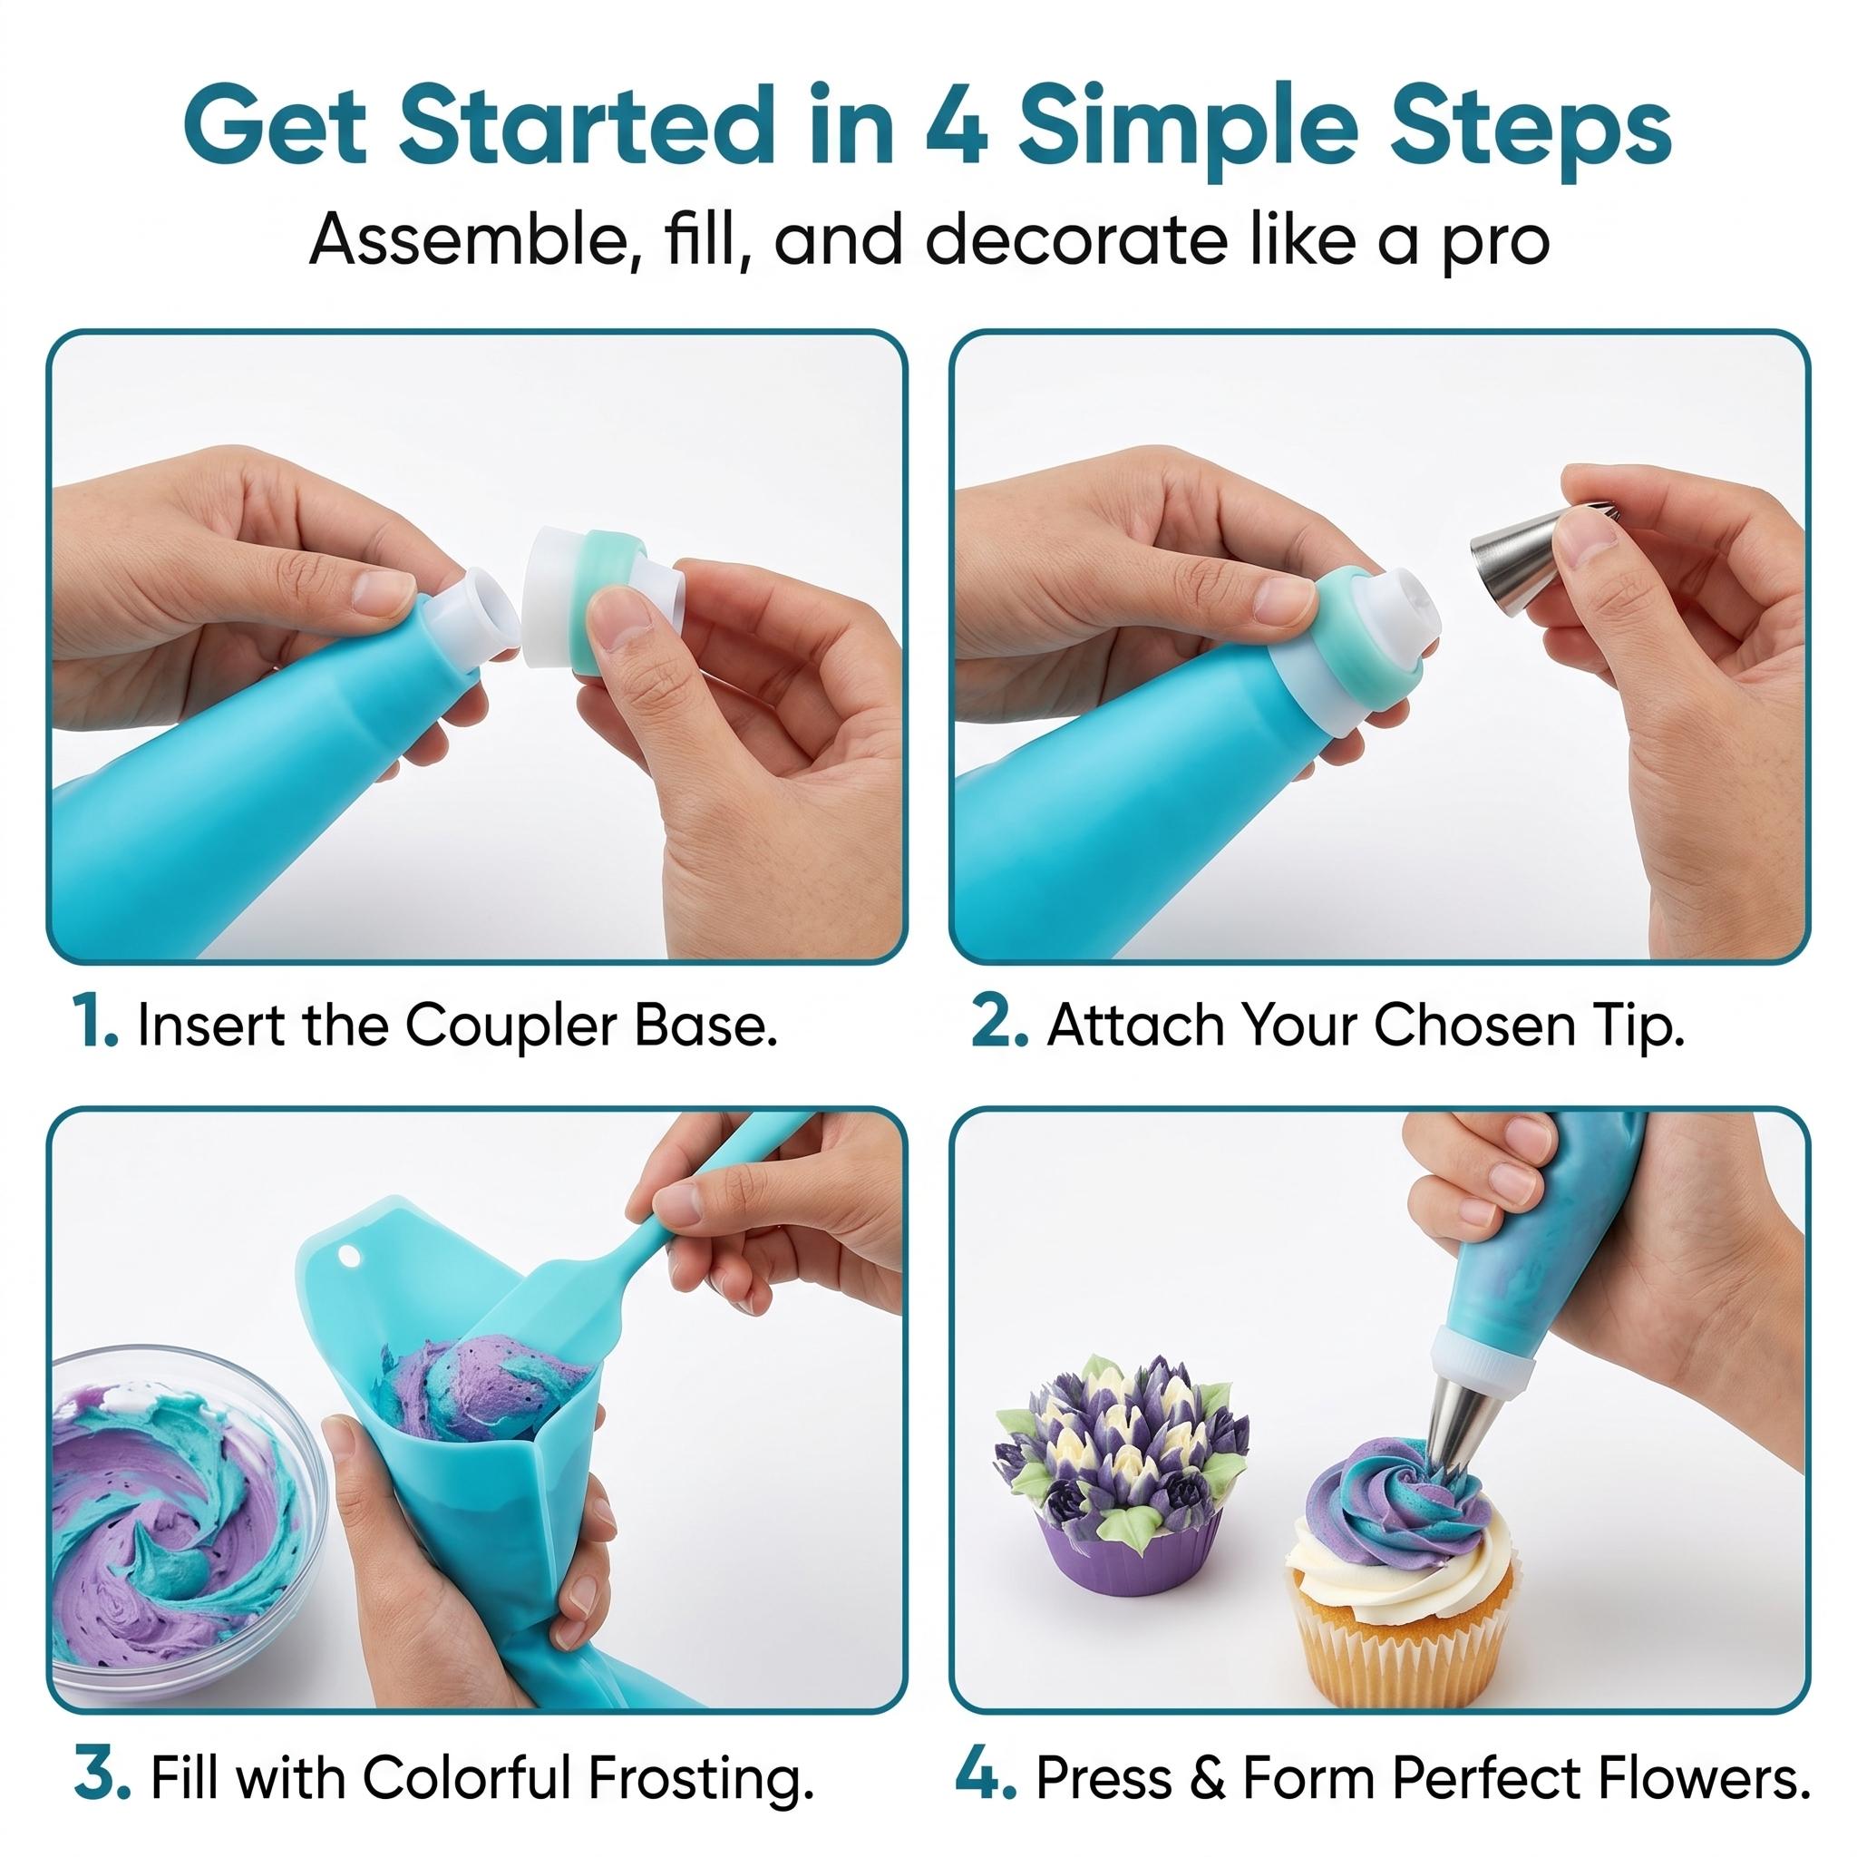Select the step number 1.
[x=93, y=1025]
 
